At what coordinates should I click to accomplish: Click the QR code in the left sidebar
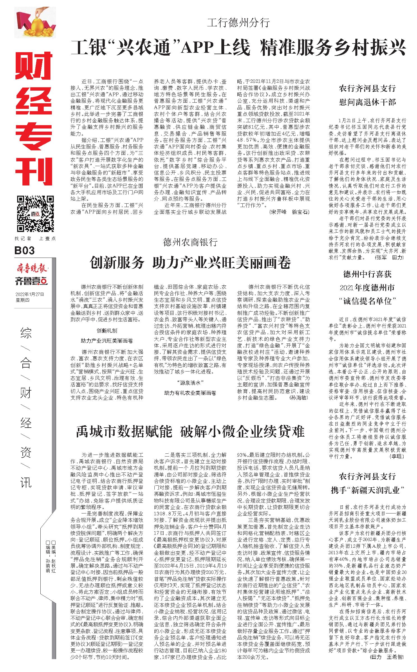pyautogui.click(x=35, y=213)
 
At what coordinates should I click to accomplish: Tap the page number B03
pyautogui.click(x=25, y=250)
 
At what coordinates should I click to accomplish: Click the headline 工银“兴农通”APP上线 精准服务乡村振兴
pyautogui.click(x=238, y=48)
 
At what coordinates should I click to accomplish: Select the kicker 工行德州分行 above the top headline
pyautogui.click(x=238, y=22)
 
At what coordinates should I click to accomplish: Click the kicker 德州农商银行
pyautogui.click(x=190, y=242)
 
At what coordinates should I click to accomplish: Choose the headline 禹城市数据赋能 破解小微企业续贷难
pyautogui.click(x=190, y=431)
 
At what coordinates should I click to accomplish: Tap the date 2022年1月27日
pyautogui.click(x=30, y=294)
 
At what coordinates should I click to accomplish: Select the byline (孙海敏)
pyautogui.click(x=299, y=398)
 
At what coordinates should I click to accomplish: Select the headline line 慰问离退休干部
pyautogui.click(x=367, y=102)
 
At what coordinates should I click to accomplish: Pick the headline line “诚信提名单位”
pyautogui.click(x=367, y=301)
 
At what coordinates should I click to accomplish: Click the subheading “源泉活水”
pyautogui.click(x=190, y=382)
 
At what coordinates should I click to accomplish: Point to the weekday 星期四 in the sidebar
pyautogui.click(x=22, y=300)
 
